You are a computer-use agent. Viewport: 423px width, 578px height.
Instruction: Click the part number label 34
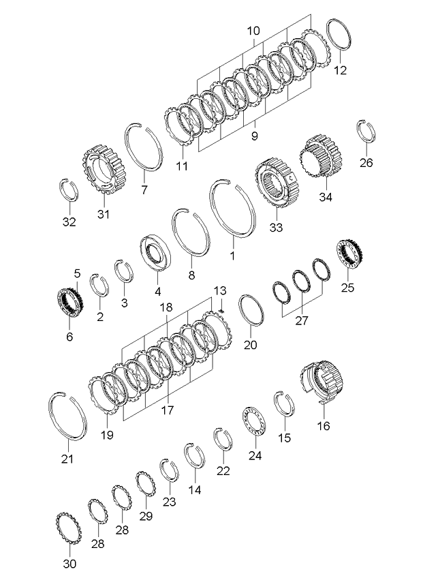pos(325,198)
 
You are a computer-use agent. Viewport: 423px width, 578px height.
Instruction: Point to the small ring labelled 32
pos(69,189)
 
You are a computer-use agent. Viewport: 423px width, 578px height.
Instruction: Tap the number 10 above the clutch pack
pos(253,31)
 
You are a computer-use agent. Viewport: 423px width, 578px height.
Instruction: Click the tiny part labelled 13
pos(222,311)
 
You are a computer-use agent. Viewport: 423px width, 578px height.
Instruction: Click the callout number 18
pos(166,308)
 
